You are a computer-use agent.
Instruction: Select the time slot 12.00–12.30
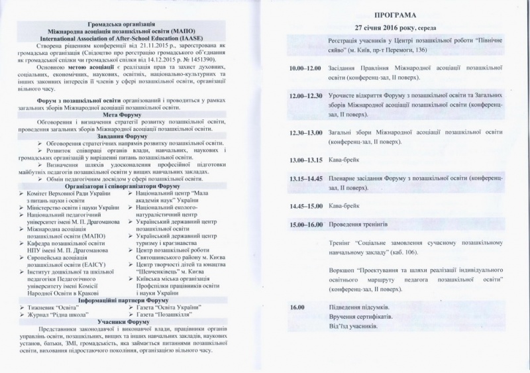pyautogui.click(x=305, y=96)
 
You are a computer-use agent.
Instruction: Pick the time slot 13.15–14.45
pyautogui.click(x=305, y=178)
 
